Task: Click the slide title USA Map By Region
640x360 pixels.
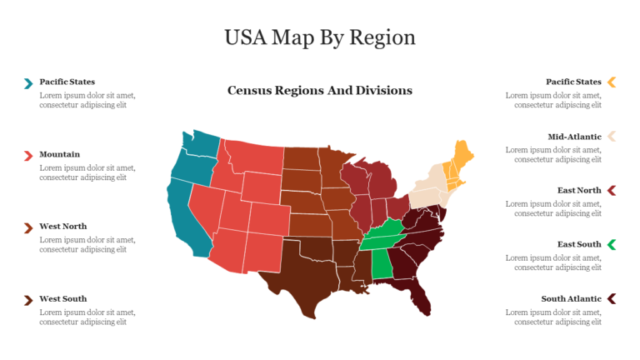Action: point(320,37)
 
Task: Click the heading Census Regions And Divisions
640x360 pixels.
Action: point(320,90)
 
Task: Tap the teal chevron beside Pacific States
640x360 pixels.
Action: point(28,82)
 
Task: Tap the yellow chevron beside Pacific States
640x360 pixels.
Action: point(612,82)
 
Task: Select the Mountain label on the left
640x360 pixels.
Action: point(60,154)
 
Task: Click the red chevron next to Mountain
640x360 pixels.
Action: point(28,155)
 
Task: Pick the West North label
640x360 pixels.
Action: point(63,226)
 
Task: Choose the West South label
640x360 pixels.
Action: point(63,298)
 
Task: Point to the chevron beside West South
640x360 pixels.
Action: point(28,299)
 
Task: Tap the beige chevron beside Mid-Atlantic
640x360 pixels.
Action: point(612,136)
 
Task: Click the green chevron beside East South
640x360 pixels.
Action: point(612,244)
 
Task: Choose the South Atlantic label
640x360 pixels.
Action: point(571,298)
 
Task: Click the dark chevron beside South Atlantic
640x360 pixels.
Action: point(612,298)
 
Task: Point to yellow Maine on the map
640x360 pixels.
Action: point(459,154)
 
